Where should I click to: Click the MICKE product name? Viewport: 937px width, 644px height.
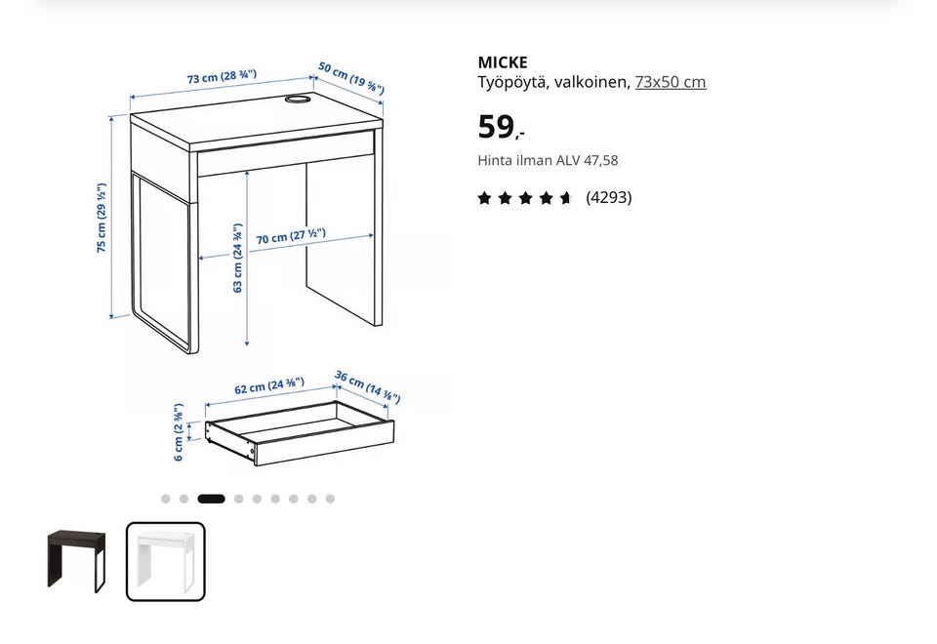click(x=503, y=62)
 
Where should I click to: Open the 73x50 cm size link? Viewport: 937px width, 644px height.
click(x=670, y=82)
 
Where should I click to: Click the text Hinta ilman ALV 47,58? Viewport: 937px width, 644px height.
click(x=548, y=160)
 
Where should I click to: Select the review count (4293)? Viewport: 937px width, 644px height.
click(x=608, y=197)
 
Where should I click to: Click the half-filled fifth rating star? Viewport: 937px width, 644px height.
click(x=565, y=198)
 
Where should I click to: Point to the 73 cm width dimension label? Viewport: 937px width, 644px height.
click(x=222, y=76)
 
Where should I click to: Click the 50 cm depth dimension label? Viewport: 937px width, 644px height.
click(x=350, y=78)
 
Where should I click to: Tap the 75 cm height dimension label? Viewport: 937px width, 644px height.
click(x=102, y=218)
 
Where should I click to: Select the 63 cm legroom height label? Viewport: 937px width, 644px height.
click(x=238, y=258)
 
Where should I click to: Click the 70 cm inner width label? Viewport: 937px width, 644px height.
click(x=291, y=236)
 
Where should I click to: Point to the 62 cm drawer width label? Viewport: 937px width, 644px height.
click(x=269, y=385)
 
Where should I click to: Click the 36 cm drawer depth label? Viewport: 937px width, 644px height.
click(x=367, y=386)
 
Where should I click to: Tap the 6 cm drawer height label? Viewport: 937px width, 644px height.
click(x=178, y=432)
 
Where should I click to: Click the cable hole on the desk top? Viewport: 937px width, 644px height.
click(x=297, y=100)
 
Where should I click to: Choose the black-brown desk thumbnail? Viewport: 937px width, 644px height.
click(x=76, y=561)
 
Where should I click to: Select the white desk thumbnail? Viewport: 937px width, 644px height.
click(x=166, y=562)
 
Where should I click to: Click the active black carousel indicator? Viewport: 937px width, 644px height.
click(x=211, y=499)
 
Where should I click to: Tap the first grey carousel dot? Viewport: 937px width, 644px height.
click(x=166, y=499)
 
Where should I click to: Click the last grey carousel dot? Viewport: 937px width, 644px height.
click(x=330, y=499)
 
